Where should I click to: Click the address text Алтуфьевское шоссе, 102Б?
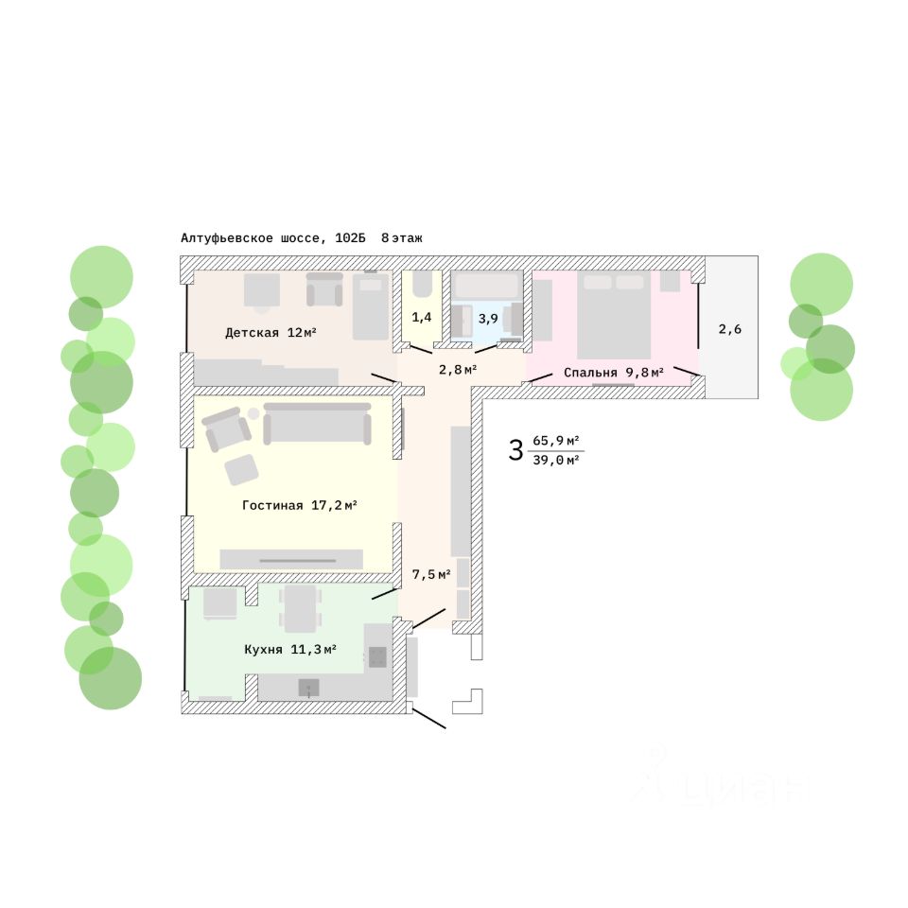(x=272, y=238)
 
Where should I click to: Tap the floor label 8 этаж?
(x=402, y=238)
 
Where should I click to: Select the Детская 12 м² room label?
(x=270, y=333)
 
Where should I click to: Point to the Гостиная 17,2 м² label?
(x=299, y=506)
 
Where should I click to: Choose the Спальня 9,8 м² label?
(x=613, y=373)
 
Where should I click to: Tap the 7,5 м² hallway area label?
(x=430, y=574)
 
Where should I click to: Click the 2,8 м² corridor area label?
(x=457, y=369)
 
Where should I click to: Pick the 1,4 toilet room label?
(x=421, y=318)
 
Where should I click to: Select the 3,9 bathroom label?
(x=487, y=319)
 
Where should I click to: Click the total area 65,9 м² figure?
(x=556, y=441)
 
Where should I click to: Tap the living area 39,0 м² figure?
(x=556, y=461)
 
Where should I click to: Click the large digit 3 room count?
(x=515, y=450)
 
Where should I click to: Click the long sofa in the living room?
(x=317, y=424)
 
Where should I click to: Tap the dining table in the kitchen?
(x=301, y=607)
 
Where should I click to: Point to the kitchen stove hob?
(x=377, y=657)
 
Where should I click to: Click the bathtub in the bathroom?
(x=487, y=286)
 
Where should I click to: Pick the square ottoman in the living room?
(x=242, y=469)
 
